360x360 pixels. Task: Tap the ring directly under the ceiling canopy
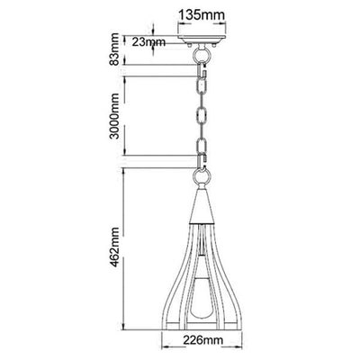[x=203, y=54]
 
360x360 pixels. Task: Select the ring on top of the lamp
[x=203, y=163]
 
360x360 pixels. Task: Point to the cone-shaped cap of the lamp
[x=203, y=193]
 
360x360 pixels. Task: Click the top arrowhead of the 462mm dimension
[x=128, y=172]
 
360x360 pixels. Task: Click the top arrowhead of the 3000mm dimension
[x=128, y=76]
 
